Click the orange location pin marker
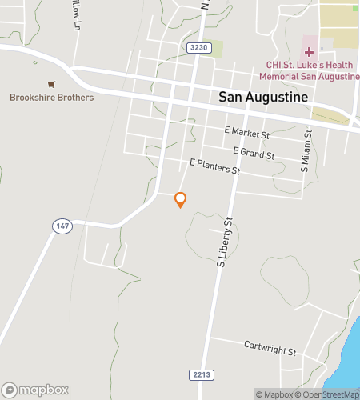pos(181,199)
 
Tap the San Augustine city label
pos(263,97)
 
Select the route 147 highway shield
pos(62,226)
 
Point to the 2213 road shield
pos(202,374)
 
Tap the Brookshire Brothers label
pos(52,98)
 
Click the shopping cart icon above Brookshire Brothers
pos(52,84)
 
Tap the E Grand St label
pos(254,152)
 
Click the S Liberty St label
pos(224,241)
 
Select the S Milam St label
pos(304,153)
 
